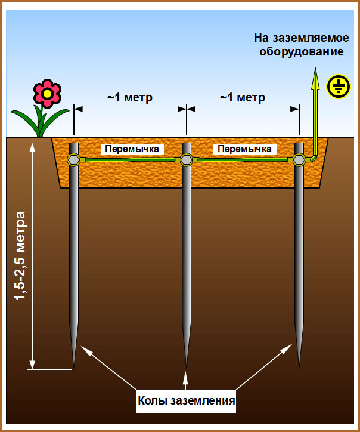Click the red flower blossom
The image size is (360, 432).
tap(46, 92)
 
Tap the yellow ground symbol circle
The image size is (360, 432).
tap(337, 87)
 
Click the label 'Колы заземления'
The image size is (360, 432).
tap(186, 400)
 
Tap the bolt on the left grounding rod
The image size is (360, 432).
tap(74, 159)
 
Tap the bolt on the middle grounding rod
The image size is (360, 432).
tap(186, 159)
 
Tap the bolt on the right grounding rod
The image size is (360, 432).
tap(298, 159)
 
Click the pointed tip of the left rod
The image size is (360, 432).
tap(74, 364)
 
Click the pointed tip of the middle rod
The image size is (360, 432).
tap(187, 364)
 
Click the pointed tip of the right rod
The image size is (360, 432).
tap(299, 364)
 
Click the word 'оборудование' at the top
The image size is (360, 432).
tap(301, 51)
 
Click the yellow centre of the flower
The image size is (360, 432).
tap(46, 92)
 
